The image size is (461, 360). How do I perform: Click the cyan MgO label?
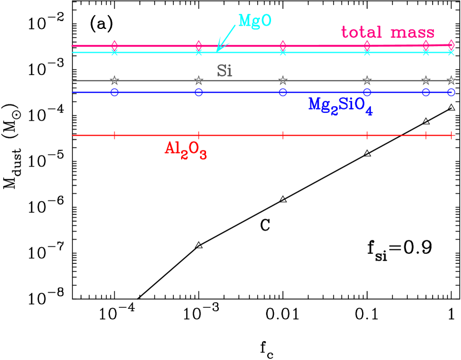point(254,21)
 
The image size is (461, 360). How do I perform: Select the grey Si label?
point(224,71)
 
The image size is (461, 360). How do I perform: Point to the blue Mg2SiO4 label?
point(340,106)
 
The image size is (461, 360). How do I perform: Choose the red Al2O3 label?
point(186,149)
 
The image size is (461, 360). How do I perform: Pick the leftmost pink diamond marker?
point(114,44)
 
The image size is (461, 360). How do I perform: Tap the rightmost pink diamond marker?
point(451,44)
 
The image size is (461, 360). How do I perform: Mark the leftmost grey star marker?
point(114,81)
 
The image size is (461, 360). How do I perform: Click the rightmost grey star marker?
point(451,81)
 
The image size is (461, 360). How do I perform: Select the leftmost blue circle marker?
point(114,92)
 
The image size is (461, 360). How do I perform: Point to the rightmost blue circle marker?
point(451,92)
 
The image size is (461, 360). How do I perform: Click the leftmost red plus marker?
point(114,135)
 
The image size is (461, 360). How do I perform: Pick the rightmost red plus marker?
point(451,135)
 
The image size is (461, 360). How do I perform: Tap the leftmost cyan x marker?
point(114,52)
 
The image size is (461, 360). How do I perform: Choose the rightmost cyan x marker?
point(451,52)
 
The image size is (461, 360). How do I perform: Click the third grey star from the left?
point(283,81)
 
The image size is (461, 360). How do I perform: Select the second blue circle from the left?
point(199,92)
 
